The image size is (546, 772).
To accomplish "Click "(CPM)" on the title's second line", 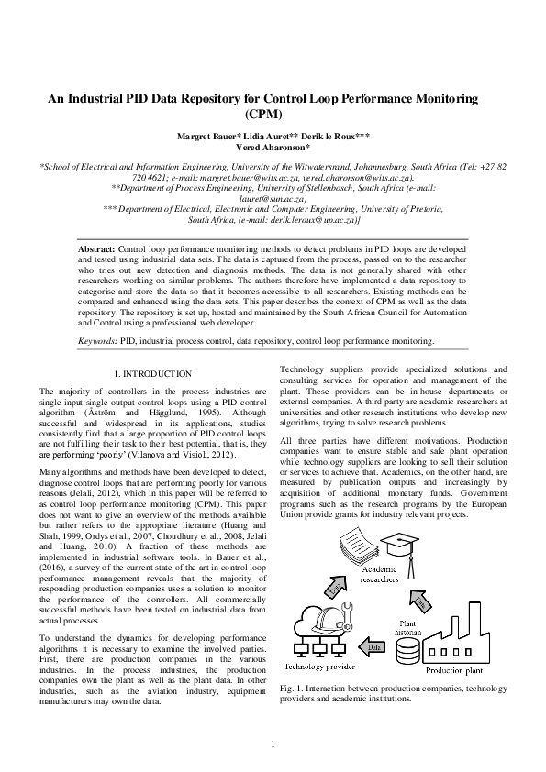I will point(273,115).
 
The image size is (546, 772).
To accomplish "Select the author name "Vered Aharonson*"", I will point(273,147).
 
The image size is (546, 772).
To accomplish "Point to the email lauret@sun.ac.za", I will point(273,197).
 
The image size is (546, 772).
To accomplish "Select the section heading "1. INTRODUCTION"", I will point(152,374).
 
